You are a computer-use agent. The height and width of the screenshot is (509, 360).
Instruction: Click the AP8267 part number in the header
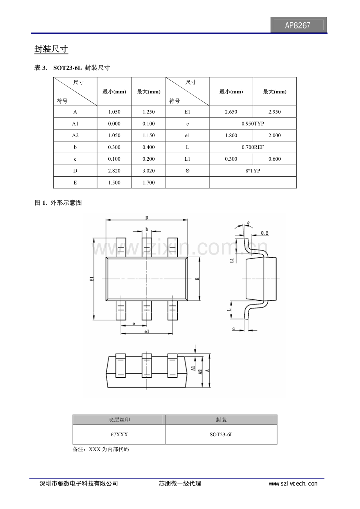point(298,25)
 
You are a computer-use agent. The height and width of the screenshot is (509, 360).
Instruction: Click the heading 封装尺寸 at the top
point(51,49)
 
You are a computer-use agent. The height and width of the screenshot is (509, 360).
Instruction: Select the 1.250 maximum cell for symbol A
point(148,112)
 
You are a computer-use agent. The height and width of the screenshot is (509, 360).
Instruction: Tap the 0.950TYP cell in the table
point(253,124)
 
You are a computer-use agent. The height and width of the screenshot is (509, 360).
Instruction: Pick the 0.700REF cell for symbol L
point(253,147)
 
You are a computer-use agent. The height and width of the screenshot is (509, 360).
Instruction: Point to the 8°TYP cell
point(253,171)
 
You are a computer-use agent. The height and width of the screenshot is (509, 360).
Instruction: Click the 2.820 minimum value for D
point(114,171)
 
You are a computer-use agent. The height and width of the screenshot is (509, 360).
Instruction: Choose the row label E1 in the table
point(187,112)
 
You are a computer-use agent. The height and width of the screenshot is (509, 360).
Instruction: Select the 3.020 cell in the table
point(148,171)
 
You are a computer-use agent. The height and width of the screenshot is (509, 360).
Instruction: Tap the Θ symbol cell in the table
point(187,171)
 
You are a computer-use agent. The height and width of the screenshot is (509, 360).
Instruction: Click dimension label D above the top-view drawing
point(147,217)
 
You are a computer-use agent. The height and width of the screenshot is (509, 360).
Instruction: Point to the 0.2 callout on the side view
point(265,233)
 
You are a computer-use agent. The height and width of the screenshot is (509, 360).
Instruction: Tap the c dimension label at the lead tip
point(234,329)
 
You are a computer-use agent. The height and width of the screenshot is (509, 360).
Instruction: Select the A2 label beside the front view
point(200,371)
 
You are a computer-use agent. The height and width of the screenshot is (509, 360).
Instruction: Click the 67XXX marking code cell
point(119,434)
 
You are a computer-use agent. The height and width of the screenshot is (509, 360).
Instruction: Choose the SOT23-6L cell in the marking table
point(221,434)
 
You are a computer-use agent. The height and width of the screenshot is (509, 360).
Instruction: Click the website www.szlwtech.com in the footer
point(293,484)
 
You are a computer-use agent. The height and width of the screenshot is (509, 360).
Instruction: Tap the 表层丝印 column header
point(119,420)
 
